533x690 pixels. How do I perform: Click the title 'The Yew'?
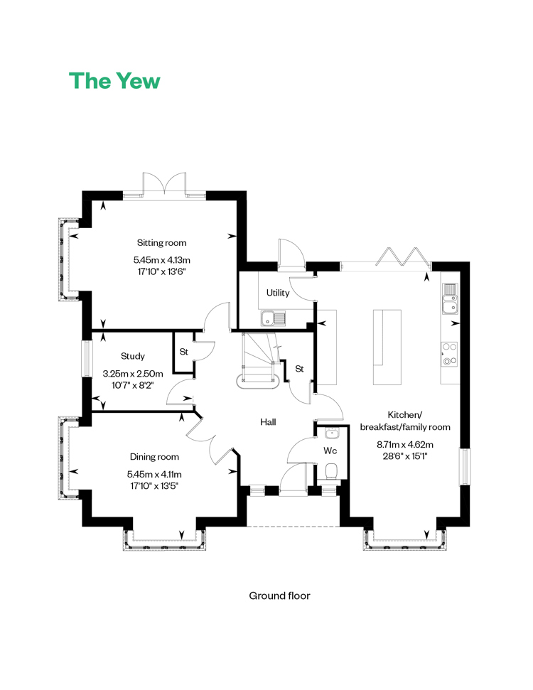(x=114, y=80)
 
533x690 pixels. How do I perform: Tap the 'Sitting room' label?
(x=161, y=242)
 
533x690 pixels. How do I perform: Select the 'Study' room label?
(x=132, y=356)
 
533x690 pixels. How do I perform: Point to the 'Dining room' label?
(x=154, y=457)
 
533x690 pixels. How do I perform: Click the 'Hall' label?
(x=268, y=422)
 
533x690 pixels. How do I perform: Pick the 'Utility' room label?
(x=278, y=293)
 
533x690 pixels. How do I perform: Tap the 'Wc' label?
(x=330, y=451)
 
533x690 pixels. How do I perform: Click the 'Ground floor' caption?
(x=279, y=595)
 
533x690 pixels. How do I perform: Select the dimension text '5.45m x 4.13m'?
(x=162, y=259)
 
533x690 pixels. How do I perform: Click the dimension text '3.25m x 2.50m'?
(x=133, y=374)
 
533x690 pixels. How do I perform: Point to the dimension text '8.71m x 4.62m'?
(x=405, y=444)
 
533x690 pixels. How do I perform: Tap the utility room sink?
(x=273, y=318)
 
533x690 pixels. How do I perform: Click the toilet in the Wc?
(x=330, y=471)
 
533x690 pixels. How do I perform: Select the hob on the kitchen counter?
(x=449, y=355)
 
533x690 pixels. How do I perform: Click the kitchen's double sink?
(x=450, y=299)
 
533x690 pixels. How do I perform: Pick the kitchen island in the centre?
(x=387, y=347)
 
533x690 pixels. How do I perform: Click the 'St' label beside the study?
(x=184, y=352)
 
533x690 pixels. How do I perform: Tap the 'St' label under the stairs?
(x=299, y=369)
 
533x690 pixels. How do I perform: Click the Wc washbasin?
(x=330, y=434)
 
